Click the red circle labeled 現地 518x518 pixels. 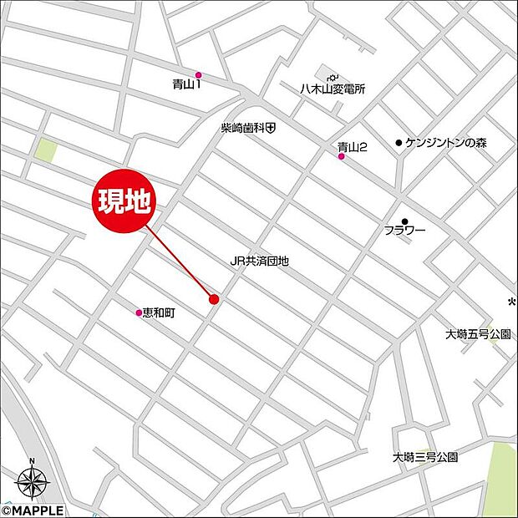tap(125, 203)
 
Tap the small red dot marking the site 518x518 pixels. tap(214, 299)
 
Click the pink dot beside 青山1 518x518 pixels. tap(198, 75)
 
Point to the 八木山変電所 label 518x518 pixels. tap(333, 89)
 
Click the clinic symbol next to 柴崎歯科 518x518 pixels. tap(272, 128)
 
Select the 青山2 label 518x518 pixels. tap(353, 146)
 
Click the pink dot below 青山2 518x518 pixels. tap(341, 156)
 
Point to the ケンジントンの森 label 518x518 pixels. tap(445, 143)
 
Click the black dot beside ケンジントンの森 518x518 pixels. tap(399, 143)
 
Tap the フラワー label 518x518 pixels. tap(405, 231)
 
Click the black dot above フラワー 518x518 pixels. tap(405, 221)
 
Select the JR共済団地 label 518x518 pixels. tap(260, 261)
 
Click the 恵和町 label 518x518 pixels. tap(159, 312)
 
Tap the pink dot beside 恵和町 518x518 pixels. tap(139, 313)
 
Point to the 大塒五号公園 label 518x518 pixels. tap(478, 334)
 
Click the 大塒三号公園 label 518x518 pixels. tap(426, 457)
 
